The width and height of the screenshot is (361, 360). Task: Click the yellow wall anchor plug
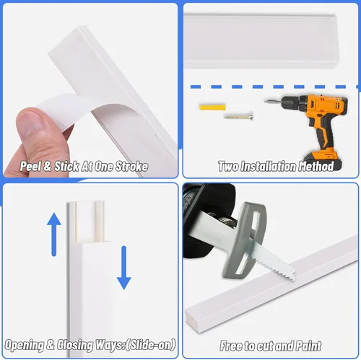[212, 107]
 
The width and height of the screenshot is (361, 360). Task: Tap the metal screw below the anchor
[238, 117]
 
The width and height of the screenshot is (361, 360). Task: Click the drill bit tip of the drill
[266, 102]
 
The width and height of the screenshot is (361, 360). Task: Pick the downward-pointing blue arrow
[124, 268]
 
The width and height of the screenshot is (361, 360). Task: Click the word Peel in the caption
[30, 167]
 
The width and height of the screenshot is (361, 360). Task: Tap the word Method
[316, 167]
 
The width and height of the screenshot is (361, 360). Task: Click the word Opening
[25, 346]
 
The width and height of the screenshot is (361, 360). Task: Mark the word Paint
[309, 346]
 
